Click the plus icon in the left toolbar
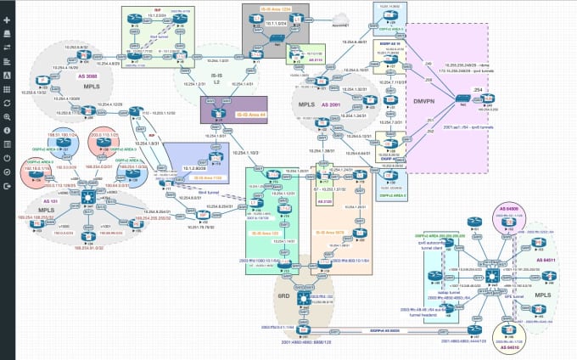point(8,19)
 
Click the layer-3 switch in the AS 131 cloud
point(86,195)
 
